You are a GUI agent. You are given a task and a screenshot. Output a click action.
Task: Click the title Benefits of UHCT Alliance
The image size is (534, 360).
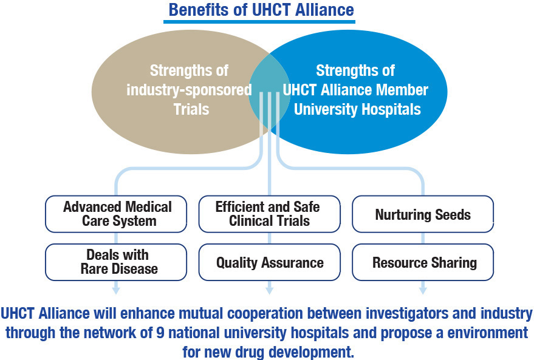click(261, 10)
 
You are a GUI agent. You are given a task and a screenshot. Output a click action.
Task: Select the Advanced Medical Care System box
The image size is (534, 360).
click(117, 213)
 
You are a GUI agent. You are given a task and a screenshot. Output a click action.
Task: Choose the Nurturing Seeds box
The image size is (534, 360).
click(423, 214)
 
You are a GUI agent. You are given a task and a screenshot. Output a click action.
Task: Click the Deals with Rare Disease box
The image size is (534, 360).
click(117, 262)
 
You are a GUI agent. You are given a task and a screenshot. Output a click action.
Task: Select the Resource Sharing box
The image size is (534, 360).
click(423, 262)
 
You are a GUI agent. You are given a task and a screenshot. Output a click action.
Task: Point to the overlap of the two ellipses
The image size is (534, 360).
click(270, 91)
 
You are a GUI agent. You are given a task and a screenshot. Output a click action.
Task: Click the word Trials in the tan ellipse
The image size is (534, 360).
click(191, 110)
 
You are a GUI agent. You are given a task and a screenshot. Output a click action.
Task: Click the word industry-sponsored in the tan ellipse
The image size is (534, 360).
click(189, 90)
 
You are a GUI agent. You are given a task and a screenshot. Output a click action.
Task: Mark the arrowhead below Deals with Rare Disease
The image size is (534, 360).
click(117, 290)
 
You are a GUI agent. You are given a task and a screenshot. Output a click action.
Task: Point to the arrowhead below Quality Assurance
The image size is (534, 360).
click(270, 290)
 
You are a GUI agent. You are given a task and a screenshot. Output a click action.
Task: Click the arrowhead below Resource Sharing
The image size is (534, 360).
click(423, 290)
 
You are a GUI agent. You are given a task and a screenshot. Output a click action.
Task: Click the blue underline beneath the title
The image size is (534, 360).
click(261, 22)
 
